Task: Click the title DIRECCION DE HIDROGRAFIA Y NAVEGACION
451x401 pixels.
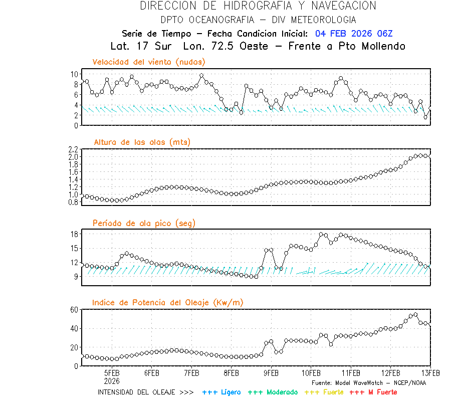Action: tap(258, 6)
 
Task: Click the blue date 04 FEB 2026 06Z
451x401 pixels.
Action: tap(354, 34)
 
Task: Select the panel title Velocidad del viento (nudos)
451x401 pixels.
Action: tap(149, 62)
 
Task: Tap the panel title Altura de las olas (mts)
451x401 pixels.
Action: tap(142, 142)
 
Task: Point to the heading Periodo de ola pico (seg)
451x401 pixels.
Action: tap(144, 223)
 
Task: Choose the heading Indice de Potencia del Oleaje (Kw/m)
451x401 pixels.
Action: tap(168, 302)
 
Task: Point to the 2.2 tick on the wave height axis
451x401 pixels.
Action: tap(73, 149)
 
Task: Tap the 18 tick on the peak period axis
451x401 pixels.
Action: tap(74, 234)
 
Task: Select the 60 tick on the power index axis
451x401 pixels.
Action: tap(74, 310)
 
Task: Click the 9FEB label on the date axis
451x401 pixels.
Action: tap(271, 373)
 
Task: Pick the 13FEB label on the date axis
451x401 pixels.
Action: tap(430, 373)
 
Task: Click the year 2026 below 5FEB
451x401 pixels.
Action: tap(112, 380)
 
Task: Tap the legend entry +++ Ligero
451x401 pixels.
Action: tap(221, 392)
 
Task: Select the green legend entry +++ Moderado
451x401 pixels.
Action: tap(273, 392)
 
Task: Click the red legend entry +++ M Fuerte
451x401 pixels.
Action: tap(373, 392)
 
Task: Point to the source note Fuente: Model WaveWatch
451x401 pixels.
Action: tap(368, 382)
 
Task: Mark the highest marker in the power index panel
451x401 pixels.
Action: tap(415, 315)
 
